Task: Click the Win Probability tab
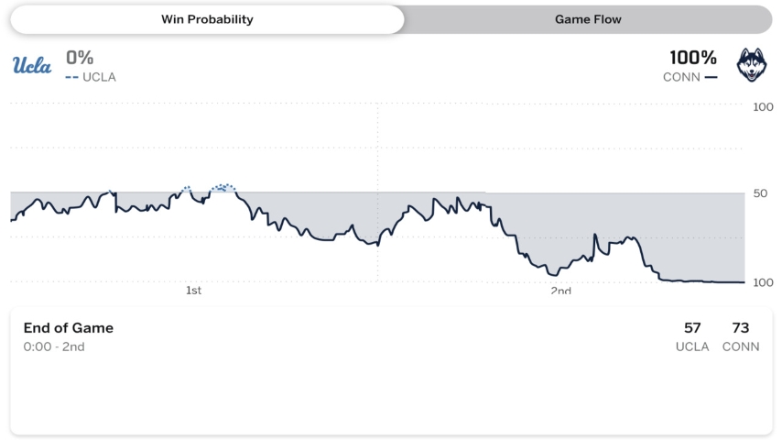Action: (x=207, y=19)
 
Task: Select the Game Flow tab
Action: (x=588, y=19)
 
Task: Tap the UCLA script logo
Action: (x=32, y=65)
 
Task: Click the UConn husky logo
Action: (x=752, y=65)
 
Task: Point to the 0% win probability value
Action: (x=80, y=58)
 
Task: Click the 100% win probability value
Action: (x=693, y=58)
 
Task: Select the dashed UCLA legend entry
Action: (x=91, y=77)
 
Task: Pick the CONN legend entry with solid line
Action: (x=690, y=77)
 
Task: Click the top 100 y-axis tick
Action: (x=762, y=107)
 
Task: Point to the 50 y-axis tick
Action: (x=759, y=193)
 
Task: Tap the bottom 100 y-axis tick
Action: (x=762, y=282)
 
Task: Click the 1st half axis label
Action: (x=193, y=291)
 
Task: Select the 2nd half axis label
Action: (x=560, y=291)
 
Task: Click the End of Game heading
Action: (x=69, y=328)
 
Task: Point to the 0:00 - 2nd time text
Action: (x=54, y=347)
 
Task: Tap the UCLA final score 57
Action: (x=692, y=328)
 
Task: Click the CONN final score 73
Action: (x=741, y=328)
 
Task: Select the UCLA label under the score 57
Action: (x=692, y=347)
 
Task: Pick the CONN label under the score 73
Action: (x=741, y=347)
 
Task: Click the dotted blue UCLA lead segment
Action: (x=223, y=187)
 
